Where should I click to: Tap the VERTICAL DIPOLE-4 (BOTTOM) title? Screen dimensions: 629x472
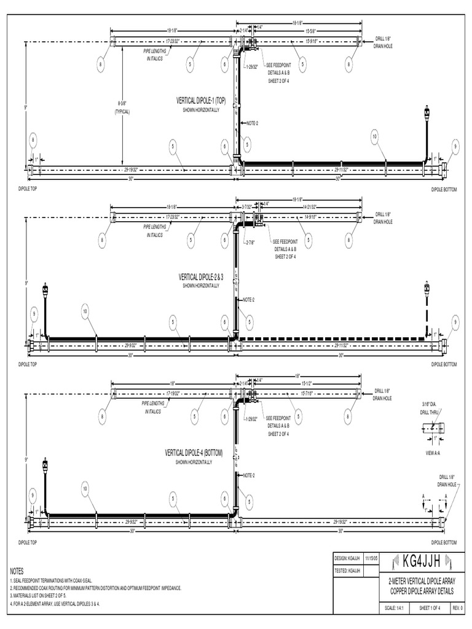click(x=194, y=453)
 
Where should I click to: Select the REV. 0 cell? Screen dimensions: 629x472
click(x=457, y=608)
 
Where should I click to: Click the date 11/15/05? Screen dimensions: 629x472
click(x=371, y=559)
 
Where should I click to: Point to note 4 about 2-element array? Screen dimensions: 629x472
click(x=55, y=603)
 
